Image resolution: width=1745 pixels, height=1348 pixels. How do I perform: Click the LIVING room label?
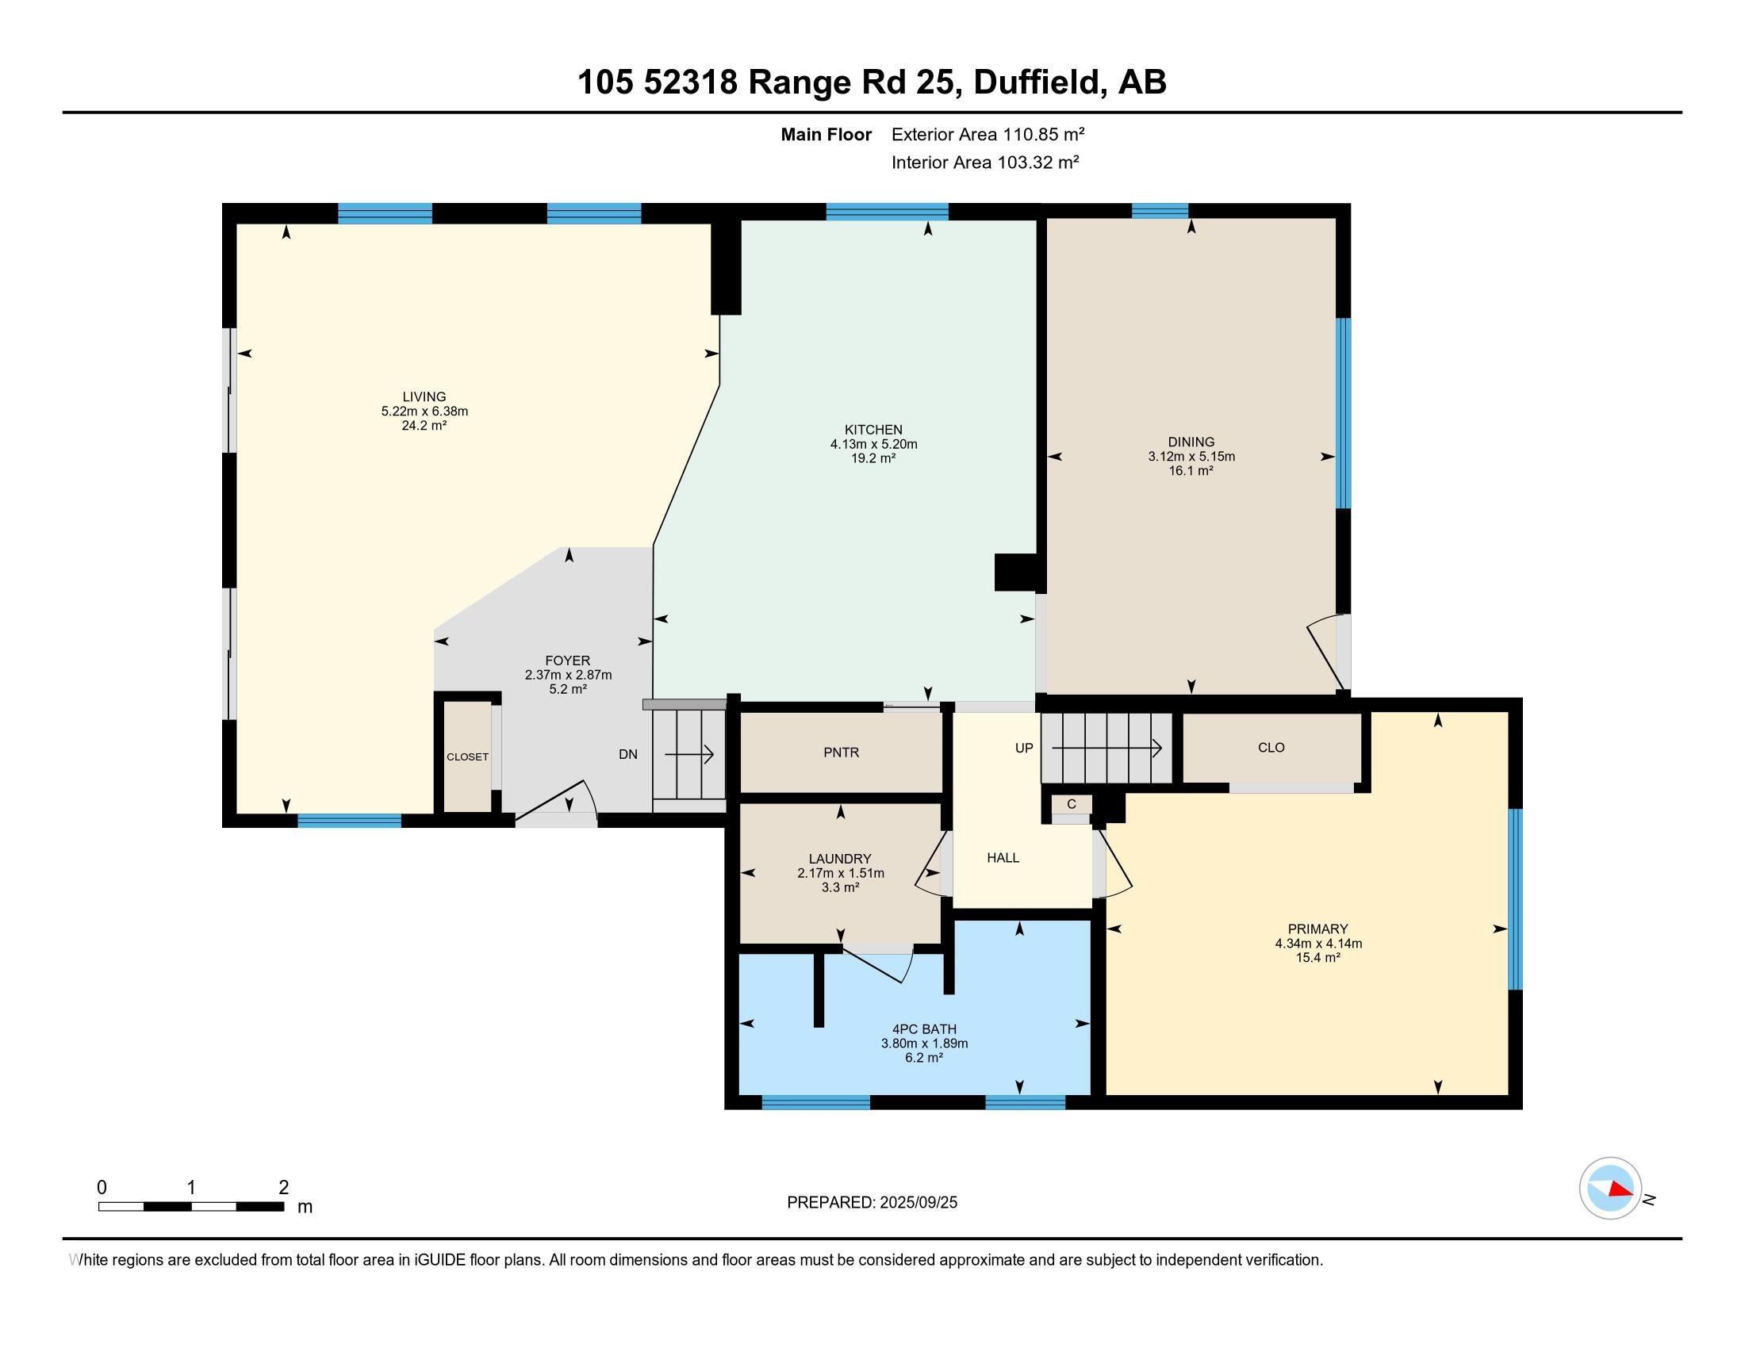(424, 397)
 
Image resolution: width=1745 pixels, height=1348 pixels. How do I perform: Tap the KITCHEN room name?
(873, 430)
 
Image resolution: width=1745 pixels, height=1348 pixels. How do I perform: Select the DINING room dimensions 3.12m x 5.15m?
(1191, 457)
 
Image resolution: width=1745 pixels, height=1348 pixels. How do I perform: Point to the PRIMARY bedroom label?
(1317, 929)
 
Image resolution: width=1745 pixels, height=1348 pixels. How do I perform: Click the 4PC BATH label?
(924, 1029)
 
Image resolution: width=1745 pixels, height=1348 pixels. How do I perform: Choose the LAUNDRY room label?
(840, 860)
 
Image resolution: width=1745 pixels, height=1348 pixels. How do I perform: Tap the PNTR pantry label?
(842, 753)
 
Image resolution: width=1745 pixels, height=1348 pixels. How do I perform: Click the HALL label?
(1003, 858)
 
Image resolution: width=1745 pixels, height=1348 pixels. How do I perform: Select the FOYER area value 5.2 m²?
(568, 689)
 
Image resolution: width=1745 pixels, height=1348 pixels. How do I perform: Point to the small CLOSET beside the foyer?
(467, 757)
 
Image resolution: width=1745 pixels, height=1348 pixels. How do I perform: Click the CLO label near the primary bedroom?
(1271, 748)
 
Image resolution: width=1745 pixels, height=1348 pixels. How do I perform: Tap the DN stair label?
(628, 754)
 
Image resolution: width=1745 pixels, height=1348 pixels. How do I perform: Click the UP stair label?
(1023, 749)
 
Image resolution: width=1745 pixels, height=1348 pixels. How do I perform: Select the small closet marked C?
(1072, 805)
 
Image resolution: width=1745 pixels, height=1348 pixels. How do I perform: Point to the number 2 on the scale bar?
(284, 1188)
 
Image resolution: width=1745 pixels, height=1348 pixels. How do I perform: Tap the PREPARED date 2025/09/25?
(917, 1203)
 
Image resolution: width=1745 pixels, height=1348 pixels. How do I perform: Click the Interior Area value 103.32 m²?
(1038, 162)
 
